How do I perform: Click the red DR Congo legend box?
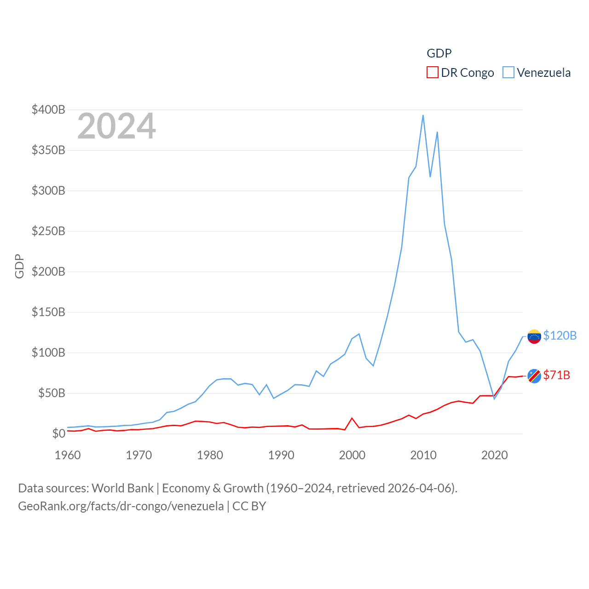tap(432, 73)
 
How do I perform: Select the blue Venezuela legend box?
tap(508, 73)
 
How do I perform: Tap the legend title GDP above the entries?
tap(439, 53)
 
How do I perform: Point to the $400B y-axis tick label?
tap(48, 110)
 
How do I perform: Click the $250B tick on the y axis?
tap(48, 231)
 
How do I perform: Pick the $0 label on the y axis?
tap(58, 433)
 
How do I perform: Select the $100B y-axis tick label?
tap(48, 352)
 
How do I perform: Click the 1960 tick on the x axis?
tap(68, 455)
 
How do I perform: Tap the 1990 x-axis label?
tap(281, 455)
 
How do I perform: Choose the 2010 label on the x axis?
tap(423, 455)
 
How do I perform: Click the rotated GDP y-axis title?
tap(19, 266)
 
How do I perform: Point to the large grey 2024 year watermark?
tap(116, 126)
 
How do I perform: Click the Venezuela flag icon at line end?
tap(534, 336)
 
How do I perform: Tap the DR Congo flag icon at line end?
tap(534, 376)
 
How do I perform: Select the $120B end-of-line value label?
tap(560, 335)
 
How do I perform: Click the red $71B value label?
tap(556, 375)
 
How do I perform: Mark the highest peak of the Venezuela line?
tap(423, 115)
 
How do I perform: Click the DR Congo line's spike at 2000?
tap(352, 418)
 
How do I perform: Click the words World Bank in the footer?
tap(122, 488)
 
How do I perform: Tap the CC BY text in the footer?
tap(249, 506)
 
